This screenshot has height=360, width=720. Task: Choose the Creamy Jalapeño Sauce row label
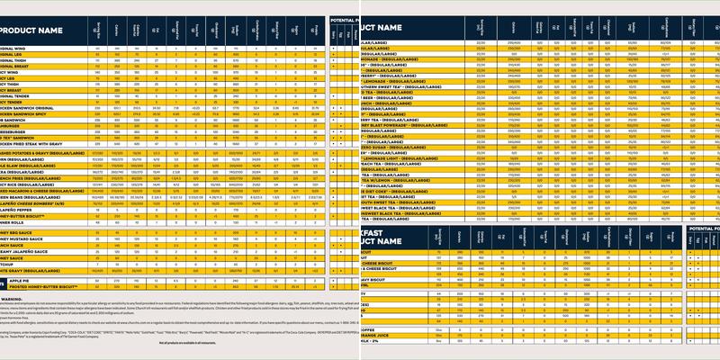[x=31, y=251]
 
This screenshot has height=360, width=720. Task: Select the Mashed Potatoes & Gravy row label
[x=40, y=153]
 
